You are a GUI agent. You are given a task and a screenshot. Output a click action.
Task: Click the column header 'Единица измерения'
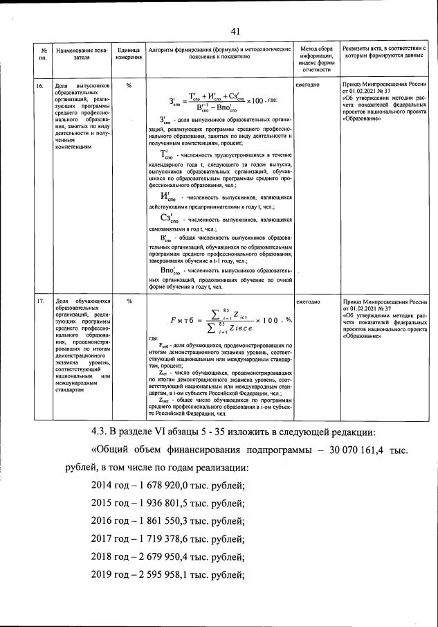tap(129, 54)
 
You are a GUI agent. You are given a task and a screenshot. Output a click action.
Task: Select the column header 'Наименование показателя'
tap(82, 54)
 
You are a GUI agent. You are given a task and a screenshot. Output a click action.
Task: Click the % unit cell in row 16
tap(129, 86)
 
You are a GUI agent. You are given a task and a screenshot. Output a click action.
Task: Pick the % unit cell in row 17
tap(129, 301)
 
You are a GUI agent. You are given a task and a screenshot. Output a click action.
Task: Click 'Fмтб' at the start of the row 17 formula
tap(181, 320)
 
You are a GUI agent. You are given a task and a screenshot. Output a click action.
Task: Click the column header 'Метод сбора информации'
tap(317, 59)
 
